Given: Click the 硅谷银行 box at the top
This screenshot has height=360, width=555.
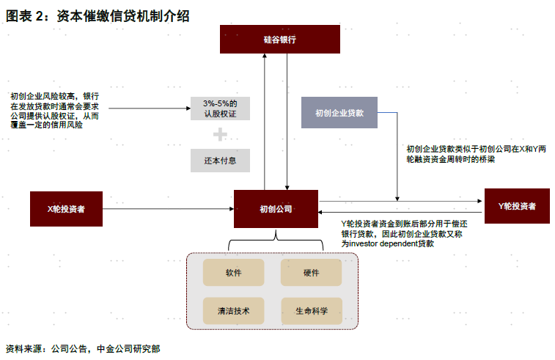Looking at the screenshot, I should click(x=280, y=39).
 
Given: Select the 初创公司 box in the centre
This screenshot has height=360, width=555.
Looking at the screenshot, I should click(x=276, y=209).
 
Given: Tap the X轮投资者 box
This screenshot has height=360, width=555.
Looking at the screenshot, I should click(x=66, y=209).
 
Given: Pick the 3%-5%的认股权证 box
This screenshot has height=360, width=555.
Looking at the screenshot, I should click(x=220, y=108).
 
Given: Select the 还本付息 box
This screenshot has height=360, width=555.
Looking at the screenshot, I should click(x=220, y=160).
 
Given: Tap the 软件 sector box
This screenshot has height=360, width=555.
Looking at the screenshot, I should click(x=234, y=273).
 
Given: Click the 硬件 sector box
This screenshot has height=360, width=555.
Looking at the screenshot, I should click(x=311, y=273).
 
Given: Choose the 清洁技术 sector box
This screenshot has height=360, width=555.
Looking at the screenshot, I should click(x=234, y=311).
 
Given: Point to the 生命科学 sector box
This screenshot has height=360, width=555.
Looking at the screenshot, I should click(x=311, y=311).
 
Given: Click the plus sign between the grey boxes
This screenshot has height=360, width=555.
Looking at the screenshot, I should click(x=220, y=134).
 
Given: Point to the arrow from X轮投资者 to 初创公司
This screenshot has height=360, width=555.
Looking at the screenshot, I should click(x=168, y=209).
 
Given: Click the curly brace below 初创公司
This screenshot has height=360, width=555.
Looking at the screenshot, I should click(x=276, y=241).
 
